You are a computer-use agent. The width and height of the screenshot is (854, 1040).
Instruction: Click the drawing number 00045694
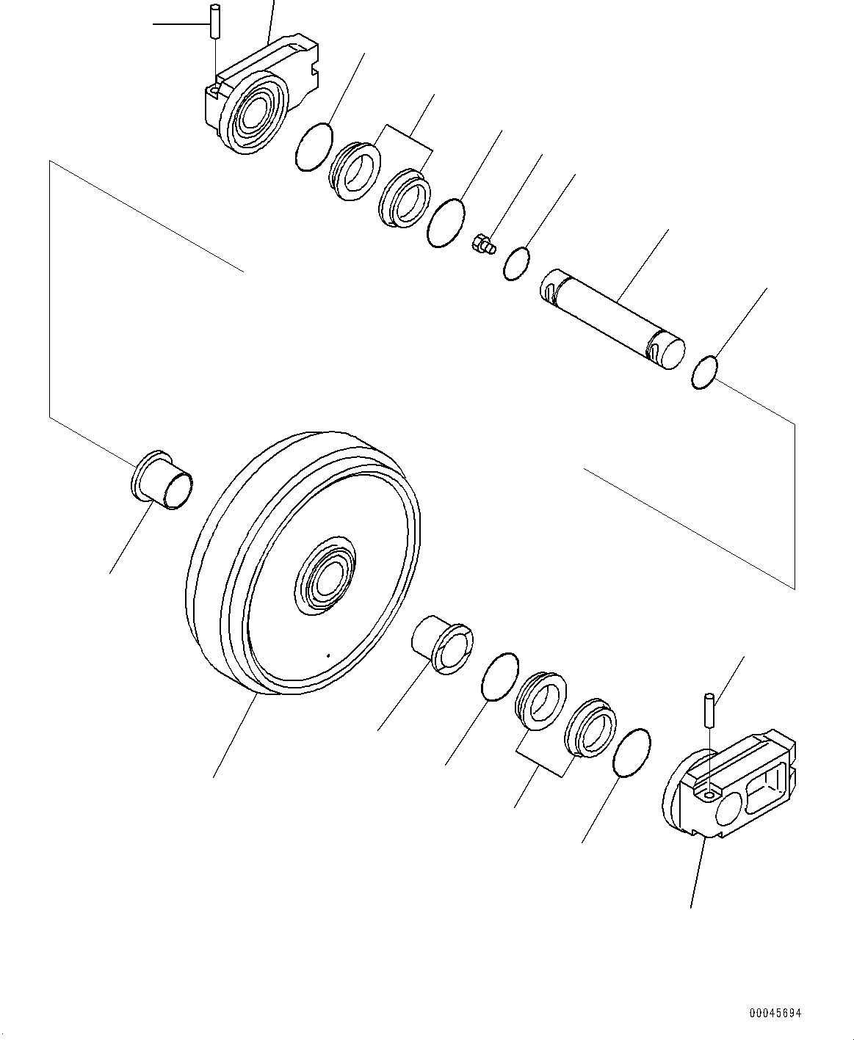775,1013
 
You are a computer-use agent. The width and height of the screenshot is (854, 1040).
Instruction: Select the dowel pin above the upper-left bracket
214,21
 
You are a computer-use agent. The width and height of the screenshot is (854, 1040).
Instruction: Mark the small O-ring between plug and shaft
517,263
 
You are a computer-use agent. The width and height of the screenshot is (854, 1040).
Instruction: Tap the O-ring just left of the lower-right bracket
631,752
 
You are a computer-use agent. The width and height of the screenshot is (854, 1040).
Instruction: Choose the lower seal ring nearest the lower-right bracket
590,729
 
